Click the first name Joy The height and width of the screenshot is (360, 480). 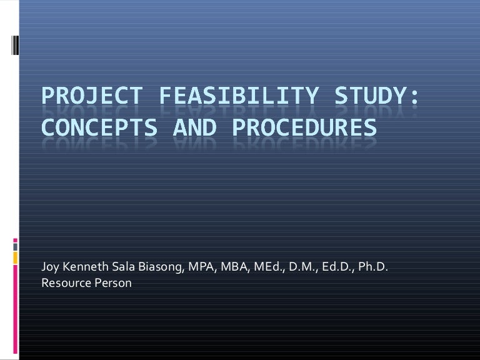(x=50, y=269)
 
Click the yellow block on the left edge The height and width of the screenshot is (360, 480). (x=14, y=255)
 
